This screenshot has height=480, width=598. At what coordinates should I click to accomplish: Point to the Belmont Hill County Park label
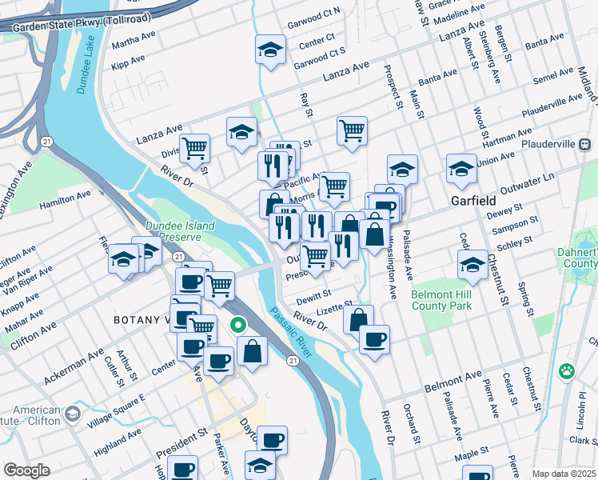click(442, 300)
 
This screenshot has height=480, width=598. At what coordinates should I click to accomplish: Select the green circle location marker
click(237, 326)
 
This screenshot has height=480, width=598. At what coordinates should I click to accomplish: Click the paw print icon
click(567, 370)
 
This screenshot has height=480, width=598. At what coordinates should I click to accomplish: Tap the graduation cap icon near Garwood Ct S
click(271, 50)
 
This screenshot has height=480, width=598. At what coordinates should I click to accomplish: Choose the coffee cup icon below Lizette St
click(374, 339)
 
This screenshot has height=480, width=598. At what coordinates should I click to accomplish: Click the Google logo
click(26, 470)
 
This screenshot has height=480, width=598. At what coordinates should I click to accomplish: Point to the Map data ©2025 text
click(564, 474)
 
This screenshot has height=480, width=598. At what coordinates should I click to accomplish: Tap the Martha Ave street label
click(134, 40)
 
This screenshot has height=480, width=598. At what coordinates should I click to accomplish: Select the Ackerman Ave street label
click(74, 366)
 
